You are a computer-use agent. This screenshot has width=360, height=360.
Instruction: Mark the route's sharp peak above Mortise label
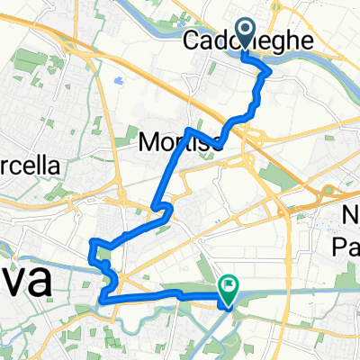coord(189,130)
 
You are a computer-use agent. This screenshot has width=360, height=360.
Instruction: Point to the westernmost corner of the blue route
coord(91,241)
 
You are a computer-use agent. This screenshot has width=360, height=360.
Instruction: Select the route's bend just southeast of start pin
coord(267,74)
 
